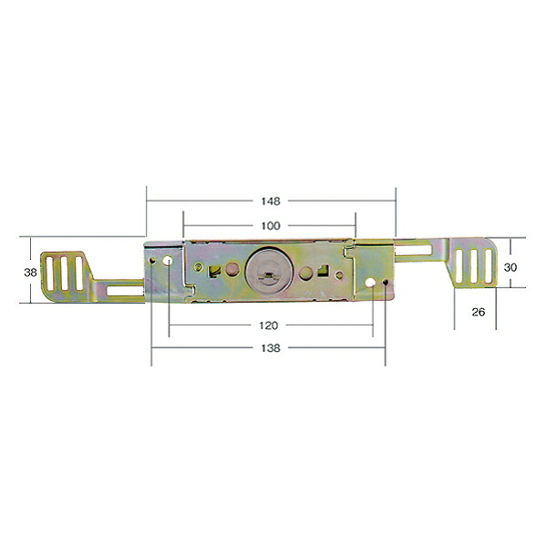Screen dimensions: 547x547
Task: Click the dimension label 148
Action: (x=271, y=201)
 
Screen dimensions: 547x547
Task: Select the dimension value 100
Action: (x=271, y=226)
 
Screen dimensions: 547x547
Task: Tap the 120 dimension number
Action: (x=269, y=325)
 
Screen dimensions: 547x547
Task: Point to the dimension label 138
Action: (x=271, y=348)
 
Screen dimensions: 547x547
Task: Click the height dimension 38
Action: (x=30, y=273)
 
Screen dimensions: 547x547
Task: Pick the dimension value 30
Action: (x=511, y=267)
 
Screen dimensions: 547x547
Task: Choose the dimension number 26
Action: (x=479, y=312)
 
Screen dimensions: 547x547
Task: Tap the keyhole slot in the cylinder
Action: (x=268, y=275)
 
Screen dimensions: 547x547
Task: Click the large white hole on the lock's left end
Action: (x=168, y=260)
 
